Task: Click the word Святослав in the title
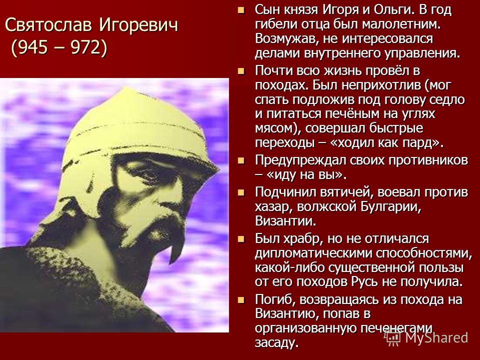click(48, 25)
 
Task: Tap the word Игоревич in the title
click(138, 25)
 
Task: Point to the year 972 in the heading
click(84, 47)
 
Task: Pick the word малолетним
click(401, 24)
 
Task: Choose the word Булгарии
click(390, 207)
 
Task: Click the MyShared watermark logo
click(426, 337)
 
